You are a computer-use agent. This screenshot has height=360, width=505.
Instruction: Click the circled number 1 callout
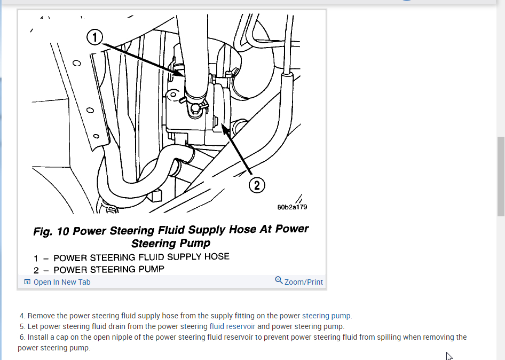tap(94, 37)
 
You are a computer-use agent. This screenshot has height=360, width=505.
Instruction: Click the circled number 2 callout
tap(257, 185)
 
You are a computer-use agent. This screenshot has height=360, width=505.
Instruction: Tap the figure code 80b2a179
tap(292, 207)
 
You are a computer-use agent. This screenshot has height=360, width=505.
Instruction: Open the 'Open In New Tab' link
tap(62, 282)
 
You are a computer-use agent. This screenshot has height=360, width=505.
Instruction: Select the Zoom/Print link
tap(304, 282)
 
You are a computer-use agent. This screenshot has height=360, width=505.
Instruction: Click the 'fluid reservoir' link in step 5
tap(232, 326)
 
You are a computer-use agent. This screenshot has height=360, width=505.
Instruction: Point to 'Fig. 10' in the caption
tap(51, 232)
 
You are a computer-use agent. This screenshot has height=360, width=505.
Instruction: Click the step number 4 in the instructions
tap(22, 316)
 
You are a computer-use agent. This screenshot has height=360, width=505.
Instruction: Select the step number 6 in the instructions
tap(22, 337)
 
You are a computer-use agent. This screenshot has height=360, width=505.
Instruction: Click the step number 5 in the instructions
tap(22, 326)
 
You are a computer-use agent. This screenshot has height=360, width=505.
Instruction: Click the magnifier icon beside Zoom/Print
tap(279, 280)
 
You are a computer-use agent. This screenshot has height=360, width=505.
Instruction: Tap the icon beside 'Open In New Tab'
tap(27, 282)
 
